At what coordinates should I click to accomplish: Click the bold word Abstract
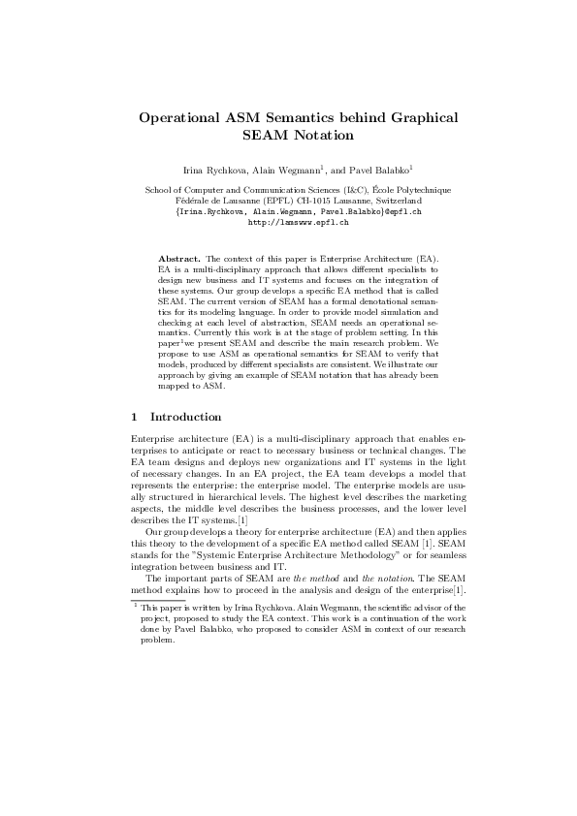pos(178,261)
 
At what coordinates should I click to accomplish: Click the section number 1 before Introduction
pos(134,417)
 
